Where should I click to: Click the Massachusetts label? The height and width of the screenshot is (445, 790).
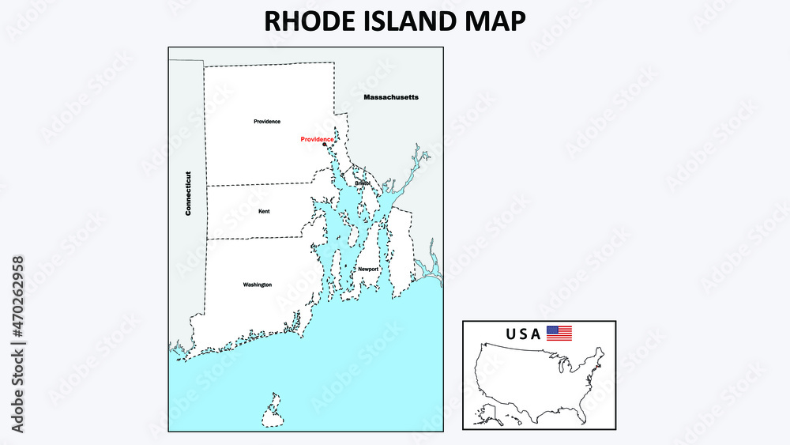pyautogui.click(x=390, y=97)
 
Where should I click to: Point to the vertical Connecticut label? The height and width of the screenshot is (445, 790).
pyautogui.click(x=189, y=194)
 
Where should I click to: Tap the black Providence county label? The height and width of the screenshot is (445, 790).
pyautogui.click(x=267, y=122)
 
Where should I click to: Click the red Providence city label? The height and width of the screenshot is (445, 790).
pyautogui.click(x=317, y=139)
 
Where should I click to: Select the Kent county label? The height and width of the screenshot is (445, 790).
pyautogui.click(x=264, y=212)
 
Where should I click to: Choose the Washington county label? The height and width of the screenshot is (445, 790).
pyautogui.click(x=258, y=285)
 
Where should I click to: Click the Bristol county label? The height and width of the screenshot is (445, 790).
pyautogui.click(x=363, y=183)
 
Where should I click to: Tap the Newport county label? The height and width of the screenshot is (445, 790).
pyautogui.click(x=368, y=270)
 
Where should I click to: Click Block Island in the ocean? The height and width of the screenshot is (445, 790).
pyautogui.click(x=273, y=410)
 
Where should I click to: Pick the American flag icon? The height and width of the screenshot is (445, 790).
pyautogui.click(x=559, y=334)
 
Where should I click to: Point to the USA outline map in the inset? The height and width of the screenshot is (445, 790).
pyautogui.click(x=537, y=383)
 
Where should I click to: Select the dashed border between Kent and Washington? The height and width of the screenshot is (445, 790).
pyautogui.click(x=253, y=238)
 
